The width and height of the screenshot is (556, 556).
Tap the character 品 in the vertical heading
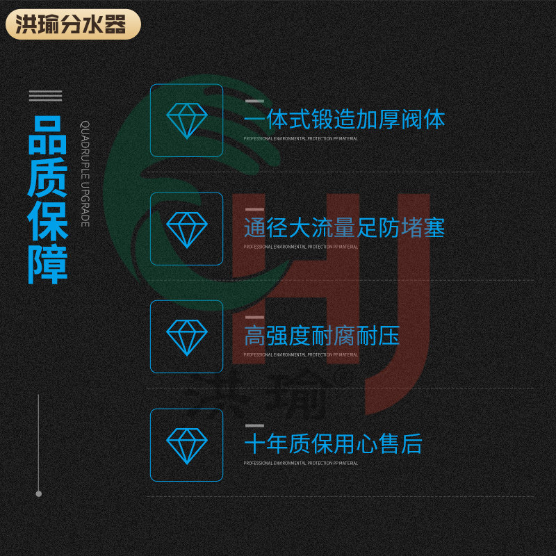(47, 136)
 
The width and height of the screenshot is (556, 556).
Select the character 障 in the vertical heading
(47, 263)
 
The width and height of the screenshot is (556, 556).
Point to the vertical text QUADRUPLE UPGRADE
(85, 174)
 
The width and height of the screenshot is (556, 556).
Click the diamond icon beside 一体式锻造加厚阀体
(187, 120)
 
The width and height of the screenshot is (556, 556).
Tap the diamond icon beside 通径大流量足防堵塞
(187, 228)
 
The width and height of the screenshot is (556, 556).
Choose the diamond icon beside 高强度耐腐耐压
(187, 336)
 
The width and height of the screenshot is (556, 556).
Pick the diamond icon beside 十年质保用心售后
(187, 445)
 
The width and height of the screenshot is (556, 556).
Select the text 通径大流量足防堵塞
(344, 228)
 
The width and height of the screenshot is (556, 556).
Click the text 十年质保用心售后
(333, 445)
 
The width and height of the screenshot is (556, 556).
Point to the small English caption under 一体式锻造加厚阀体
(300, 139)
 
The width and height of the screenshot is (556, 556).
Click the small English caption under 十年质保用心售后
(300, 464)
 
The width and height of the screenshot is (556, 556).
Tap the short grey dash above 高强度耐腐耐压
(254, 317)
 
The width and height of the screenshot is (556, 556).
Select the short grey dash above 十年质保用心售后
(254, 425)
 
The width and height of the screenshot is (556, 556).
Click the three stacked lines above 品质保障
(45, 96)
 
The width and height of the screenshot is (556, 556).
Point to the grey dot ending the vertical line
(39, 493)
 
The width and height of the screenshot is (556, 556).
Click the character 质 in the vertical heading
(47, 178)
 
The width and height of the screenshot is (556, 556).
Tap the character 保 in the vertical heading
(47, 221)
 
